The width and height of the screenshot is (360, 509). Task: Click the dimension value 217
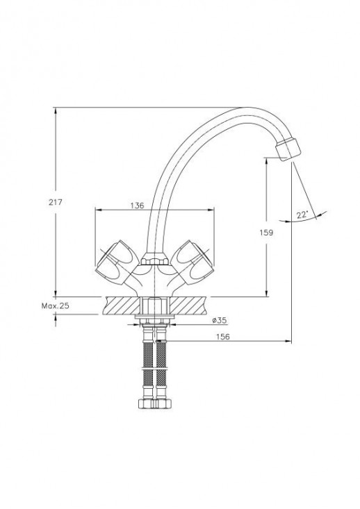(x=55, y=202)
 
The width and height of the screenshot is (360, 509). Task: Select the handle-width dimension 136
(x=137, y=206)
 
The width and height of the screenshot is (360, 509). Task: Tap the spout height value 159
(x=266, y=233)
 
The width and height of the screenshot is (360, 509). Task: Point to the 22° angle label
(x=302, y=215)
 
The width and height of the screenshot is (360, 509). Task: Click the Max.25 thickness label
(x=55, y=306)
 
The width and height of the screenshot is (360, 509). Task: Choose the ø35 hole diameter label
(x=220, y=320)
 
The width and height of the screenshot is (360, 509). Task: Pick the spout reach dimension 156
(x=223, y=337)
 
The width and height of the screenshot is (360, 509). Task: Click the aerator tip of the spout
(x=288, y=149)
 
